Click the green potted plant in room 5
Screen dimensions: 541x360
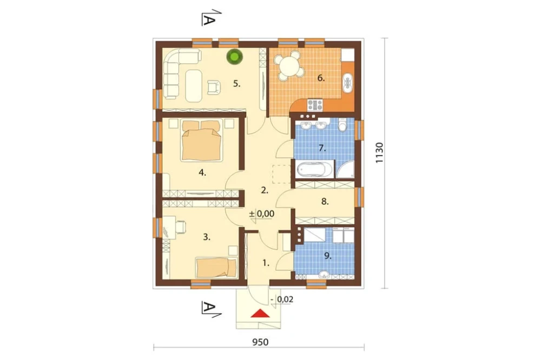point(234,57)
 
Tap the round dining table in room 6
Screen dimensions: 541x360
point(289,65)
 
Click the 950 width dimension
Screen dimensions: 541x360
point(260,342)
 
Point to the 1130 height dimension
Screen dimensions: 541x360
point(379,153)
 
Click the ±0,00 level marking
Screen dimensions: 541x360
point(262,214)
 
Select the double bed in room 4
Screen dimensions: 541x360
point(201,140)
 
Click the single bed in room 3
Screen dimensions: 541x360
point(216,268)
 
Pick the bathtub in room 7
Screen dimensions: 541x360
point(314,170)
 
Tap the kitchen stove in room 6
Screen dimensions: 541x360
point(315,104)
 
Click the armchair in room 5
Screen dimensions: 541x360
point(214,86)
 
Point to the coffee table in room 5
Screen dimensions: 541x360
point(194,85)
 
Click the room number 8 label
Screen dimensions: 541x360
point(325,201)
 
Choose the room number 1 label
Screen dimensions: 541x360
point(265,263)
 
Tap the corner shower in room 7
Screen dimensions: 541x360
point(345,169)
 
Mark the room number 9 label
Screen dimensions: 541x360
point(327,256)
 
